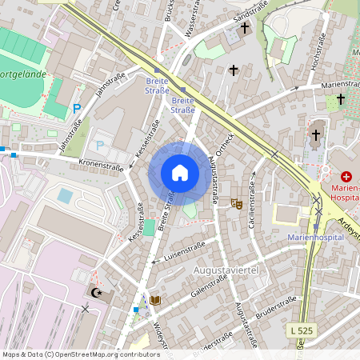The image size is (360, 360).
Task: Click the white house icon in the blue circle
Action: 180,173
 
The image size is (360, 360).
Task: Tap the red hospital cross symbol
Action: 346,176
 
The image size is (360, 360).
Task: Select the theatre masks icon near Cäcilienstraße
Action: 236,205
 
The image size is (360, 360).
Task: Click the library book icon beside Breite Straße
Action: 155,301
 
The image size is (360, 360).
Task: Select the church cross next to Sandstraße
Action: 245,28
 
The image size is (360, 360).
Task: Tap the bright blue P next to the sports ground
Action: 77,108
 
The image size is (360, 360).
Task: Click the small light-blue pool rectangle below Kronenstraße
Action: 65,195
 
